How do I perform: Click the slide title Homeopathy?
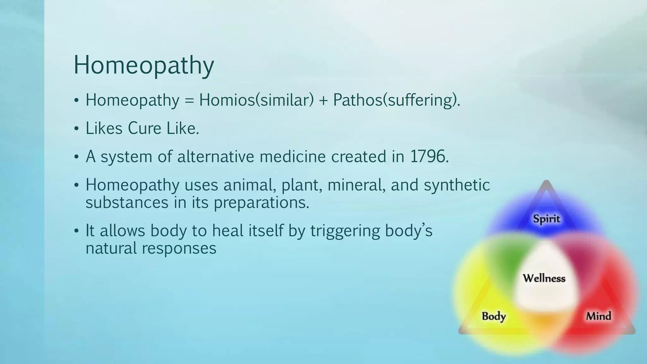pos(144,65)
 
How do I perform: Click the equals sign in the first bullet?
pos(189,101)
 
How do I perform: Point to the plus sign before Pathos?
pos(323,101)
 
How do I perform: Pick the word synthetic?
pos(457,185)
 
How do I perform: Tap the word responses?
pos(179,248)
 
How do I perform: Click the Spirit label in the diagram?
pos(546,219)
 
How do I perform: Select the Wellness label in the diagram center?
pos(544,278)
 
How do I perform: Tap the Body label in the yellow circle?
pos(493,316)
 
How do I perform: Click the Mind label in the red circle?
pos(598,316)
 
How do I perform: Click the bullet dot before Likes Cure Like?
pos(76,129)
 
